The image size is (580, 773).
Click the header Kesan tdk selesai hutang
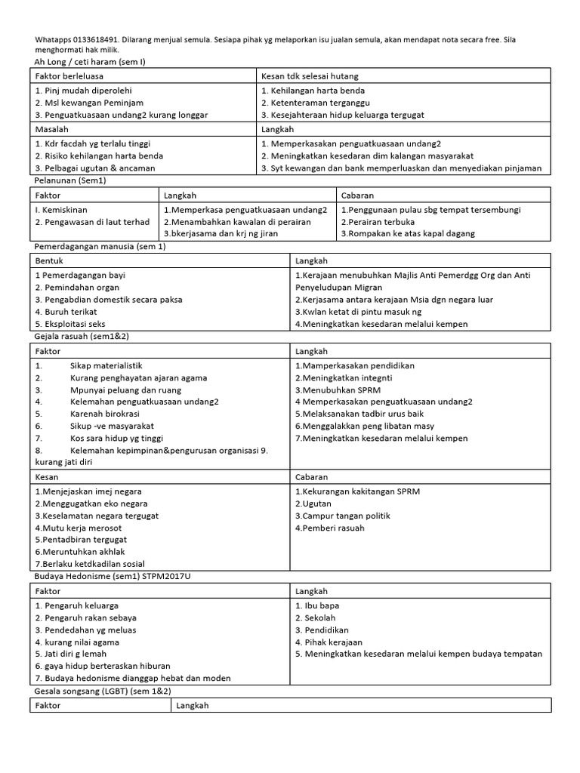coord(310,76)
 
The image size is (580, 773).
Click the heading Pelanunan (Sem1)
coord(69,182)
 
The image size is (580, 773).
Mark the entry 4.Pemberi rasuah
coord(330,528)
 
